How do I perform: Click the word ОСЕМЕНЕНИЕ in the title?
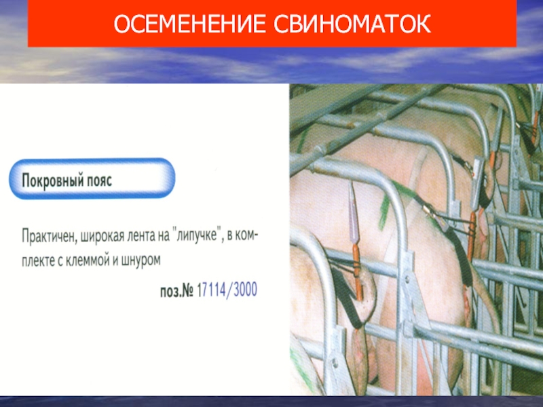pos(190,24)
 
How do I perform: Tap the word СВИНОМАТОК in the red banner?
pos(352,24)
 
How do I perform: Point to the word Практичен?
pos(50,237)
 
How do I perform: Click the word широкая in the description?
pos(103,237)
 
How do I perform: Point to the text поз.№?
pos(176,291)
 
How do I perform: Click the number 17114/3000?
pos(227,290)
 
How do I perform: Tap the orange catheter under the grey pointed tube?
pos(358,272)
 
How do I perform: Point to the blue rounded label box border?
pos(92,160)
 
